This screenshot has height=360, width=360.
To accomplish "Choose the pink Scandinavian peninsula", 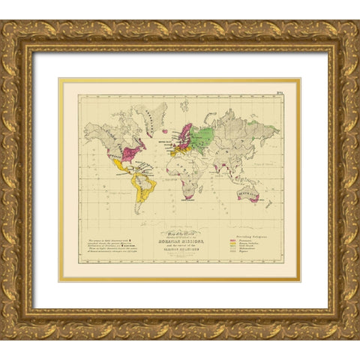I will point(184,133).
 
